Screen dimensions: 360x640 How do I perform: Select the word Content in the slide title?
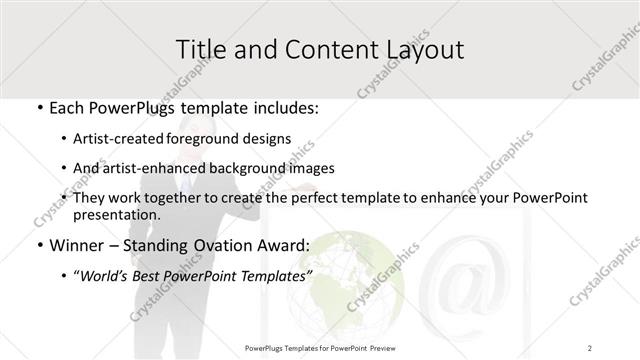(x=315, y=49)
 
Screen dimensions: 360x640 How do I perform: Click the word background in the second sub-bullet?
(x=253, y=168)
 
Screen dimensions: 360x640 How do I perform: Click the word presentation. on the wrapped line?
(x=117, y=215)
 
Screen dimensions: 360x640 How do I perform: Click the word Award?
(x=282, y=245)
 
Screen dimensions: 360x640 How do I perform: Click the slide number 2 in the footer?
(x=590, y=347)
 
